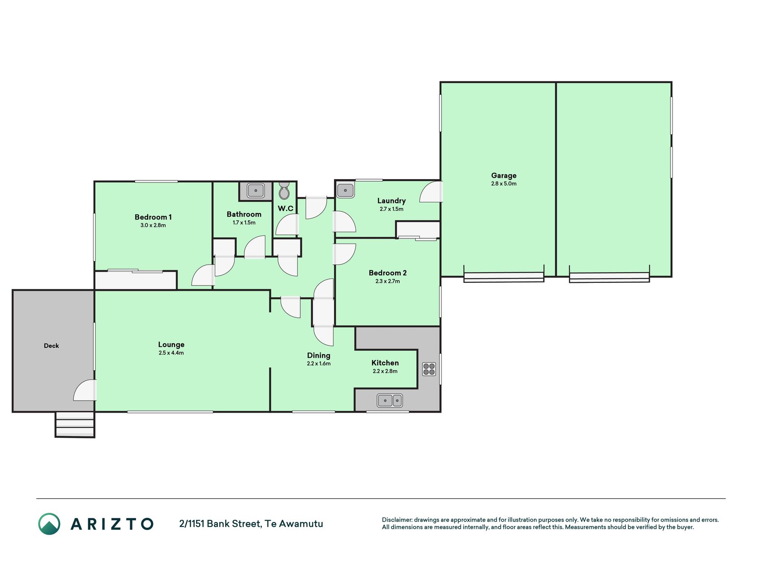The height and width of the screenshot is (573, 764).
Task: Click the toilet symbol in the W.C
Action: pos(284,191)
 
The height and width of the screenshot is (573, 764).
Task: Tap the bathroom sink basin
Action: pos(256,191)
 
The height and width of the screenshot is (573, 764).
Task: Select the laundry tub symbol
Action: pos(346,190)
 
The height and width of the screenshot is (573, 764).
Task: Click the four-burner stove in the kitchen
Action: pos(429,369)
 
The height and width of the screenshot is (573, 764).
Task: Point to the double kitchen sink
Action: pos(390,400)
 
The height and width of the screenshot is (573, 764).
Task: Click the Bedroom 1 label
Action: pos(153,217)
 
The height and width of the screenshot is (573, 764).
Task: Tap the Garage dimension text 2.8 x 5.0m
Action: pos(504,184)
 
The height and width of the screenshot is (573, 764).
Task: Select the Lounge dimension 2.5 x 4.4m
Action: pos(171,353)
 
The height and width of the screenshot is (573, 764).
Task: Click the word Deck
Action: pos(51,346)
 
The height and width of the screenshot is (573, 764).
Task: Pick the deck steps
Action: pos(75,424)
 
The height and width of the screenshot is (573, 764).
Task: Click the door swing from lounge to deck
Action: pos(85,390)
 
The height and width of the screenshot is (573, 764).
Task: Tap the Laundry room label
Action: pos(392,201)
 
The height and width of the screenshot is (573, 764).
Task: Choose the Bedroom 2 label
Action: pos(388,273)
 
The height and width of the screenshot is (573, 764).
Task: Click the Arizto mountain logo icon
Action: pos(49,524)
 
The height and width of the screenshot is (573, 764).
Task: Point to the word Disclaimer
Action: pos(397,520)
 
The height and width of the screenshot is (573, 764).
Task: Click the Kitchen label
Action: pos(385,363)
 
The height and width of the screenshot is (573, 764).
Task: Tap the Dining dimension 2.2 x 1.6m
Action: pos(319,363)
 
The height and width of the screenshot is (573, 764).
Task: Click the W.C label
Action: pos(286,209)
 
